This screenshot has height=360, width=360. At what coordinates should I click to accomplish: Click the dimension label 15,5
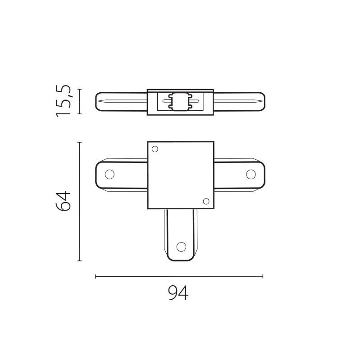64,101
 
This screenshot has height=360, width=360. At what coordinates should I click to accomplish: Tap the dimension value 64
64,202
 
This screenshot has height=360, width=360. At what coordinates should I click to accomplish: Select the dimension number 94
178,293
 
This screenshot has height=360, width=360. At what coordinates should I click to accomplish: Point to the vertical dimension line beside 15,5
79,102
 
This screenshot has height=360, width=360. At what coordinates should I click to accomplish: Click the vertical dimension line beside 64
79,202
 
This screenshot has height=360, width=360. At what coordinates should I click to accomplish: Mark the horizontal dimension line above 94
179,276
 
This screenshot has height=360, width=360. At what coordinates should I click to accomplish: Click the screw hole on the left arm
109,174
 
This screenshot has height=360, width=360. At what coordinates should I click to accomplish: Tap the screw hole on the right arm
251,174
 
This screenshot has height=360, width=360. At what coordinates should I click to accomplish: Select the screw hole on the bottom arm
181,246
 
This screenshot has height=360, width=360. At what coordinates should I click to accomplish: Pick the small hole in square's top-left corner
155,149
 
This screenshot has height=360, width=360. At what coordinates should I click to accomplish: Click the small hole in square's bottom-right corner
206,201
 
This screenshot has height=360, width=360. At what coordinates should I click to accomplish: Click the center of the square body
181,175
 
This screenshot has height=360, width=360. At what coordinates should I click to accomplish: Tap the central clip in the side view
180,102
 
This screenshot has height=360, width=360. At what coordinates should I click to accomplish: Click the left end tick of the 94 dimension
96,276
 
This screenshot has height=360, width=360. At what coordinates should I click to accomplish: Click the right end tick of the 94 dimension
263,276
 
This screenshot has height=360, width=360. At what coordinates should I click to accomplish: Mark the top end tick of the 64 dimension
79,142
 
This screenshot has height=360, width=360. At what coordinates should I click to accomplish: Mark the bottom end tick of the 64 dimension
79,261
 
